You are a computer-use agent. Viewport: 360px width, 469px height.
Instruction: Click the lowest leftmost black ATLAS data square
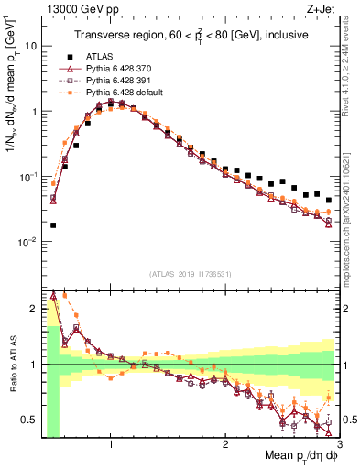pos(53,225)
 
